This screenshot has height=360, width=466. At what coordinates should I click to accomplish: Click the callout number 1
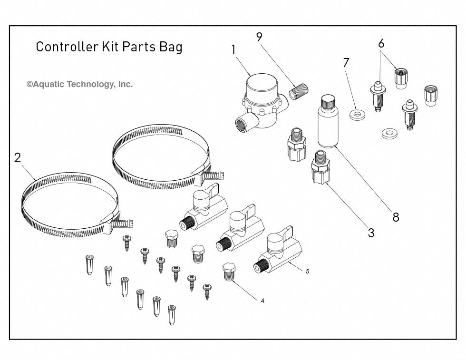coord(233,49)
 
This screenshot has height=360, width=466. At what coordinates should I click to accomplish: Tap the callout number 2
coord(18,157)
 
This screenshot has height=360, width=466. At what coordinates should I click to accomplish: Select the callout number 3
coord(371,233)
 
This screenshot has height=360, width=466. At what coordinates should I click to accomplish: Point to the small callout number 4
coord(261,301)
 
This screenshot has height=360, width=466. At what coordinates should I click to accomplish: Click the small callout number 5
coord(307,271)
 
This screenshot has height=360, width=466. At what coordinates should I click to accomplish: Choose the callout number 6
coord(381,43)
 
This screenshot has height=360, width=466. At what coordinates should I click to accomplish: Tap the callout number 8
coord(395,217)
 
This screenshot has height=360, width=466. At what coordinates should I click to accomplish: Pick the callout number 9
coord(259,37)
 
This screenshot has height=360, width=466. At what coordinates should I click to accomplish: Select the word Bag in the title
coord(172,48)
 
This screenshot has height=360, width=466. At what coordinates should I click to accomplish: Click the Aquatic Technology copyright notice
coord(79,84)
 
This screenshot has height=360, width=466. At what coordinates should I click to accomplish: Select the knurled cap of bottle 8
coord(328,101)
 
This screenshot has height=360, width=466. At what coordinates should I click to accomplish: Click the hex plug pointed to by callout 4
coord(229,272)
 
